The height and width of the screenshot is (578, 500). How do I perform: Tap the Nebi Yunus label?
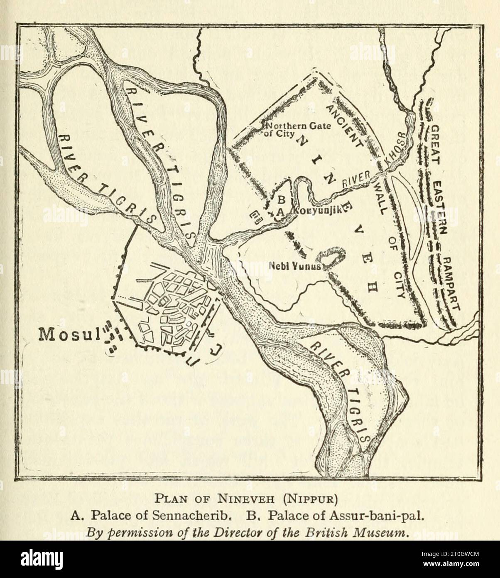295,267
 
